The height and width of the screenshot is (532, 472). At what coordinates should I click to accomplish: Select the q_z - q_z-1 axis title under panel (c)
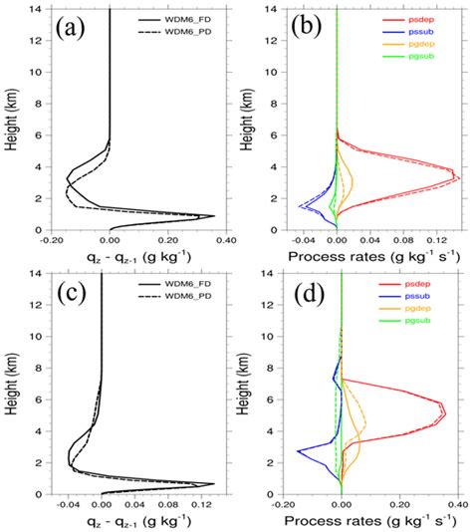click(x=138, y=522)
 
